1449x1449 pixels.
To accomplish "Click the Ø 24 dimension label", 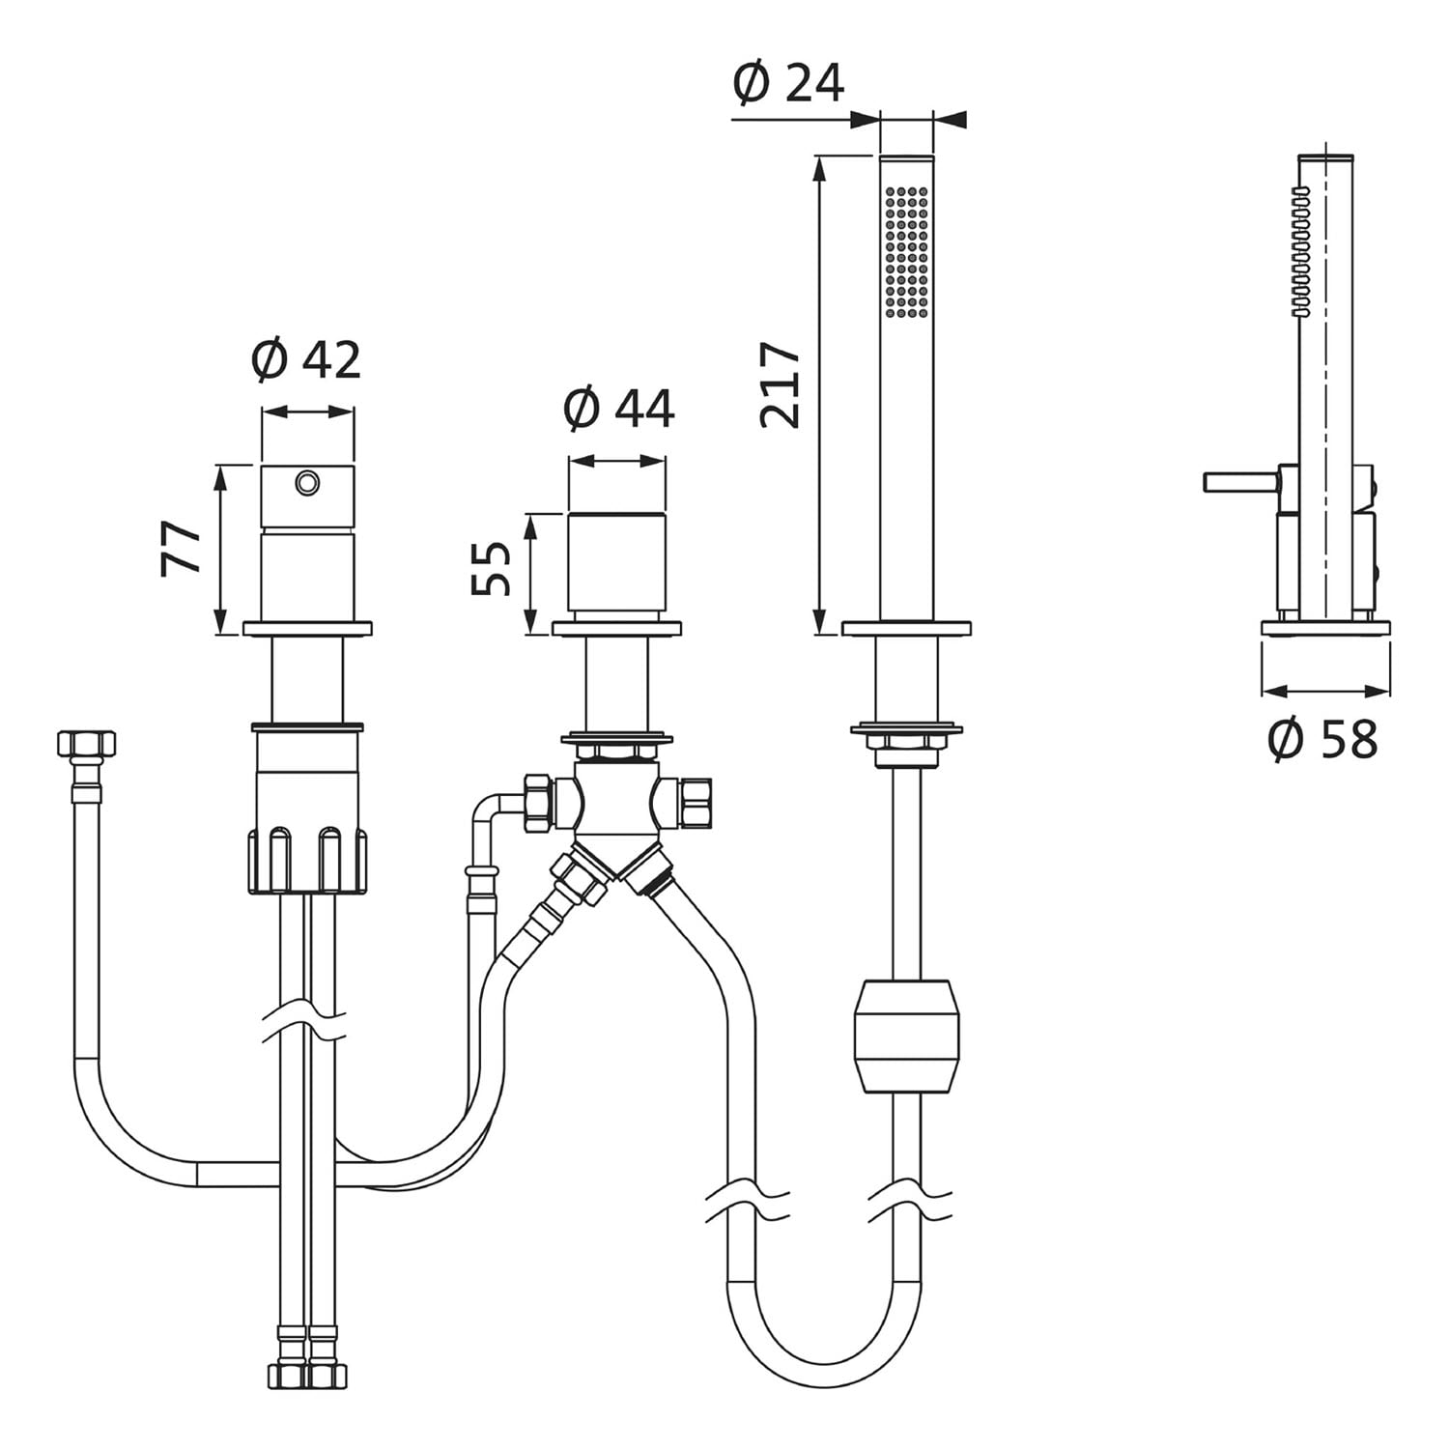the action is point(788,83).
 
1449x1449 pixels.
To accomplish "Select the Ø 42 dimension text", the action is point(306,360).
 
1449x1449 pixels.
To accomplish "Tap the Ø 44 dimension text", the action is point(618,409).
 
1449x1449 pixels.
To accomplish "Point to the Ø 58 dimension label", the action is point(1322,740).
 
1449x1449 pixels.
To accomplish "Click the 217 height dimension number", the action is point(781,384).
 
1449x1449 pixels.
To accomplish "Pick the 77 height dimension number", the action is point(182,549).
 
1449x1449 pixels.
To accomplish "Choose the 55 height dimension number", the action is point(492,569).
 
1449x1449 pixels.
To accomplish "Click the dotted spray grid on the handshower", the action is point(907,251).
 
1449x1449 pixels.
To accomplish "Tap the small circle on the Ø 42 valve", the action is point(308,482).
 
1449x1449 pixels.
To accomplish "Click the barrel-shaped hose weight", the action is point(907,1037).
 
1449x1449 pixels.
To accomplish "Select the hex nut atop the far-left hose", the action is point(87,745).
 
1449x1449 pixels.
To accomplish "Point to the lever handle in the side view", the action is point(1240,481).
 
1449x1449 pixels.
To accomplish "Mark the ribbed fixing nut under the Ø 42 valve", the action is point(308,860).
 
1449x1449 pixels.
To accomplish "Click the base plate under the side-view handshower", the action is point(1326,627).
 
